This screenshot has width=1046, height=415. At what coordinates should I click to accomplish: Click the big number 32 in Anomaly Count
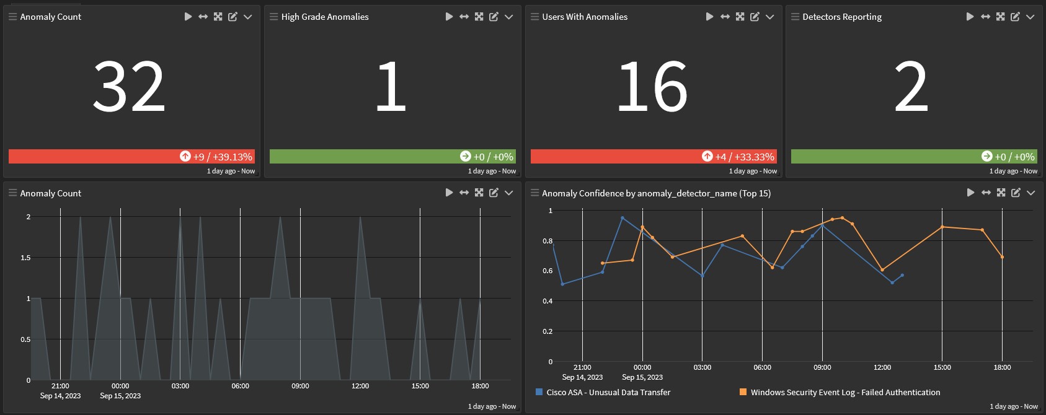coord(129,87)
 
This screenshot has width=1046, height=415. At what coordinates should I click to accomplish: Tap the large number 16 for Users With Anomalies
coord(652,87)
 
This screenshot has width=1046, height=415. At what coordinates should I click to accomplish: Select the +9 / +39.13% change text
coord(223,157)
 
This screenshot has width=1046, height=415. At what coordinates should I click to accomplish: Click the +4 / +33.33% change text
coord(745,157)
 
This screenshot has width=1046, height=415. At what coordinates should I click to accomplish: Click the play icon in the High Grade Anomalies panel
coord(449,17)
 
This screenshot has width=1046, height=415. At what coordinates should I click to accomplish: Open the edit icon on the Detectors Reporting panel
coord(1015,17)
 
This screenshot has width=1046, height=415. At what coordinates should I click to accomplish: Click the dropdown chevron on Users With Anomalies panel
coord(769,17)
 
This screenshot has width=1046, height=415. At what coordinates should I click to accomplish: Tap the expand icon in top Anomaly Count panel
coord(218,17)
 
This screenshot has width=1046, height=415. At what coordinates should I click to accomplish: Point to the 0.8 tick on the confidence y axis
coord(547,241)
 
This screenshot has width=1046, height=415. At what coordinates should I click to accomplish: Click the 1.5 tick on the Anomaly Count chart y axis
coord(25,258)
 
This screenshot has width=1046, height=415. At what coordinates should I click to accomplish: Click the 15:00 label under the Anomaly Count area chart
coord(420,386)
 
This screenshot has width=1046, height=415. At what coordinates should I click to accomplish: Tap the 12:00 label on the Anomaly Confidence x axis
coord(882,367)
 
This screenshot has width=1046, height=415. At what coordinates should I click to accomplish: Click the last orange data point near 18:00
coord(1002,257)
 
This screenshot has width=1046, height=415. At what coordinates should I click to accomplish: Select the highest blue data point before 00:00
coord(622,218)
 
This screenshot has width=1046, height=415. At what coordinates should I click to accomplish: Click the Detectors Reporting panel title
coord(841,17)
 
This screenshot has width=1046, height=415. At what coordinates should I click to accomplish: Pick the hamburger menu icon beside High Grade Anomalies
coord(273,17)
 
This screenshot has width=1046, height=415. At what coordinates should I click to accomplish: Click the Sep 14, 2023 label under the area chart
coord(60,396)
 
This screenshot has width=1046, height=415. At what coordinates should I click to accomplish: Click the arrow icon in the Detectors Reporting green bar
coord(986,156)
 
